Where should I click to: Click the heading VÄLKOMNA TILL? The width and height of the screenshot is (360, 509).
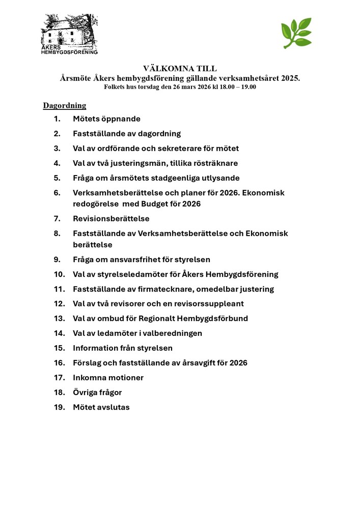point(180,69)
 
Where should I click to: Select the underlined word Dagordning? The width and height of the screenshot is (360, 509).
point(65,106)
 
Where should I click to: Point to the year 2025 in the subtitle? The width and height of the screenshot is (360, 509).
point(290,78)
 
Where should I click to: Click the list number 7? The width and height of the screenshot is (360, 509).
point(57,219)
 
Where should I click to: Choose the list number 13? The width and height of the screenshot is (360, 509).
point(60,319)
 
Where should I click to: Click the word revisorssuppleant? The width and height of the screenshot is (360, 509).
point(206,304)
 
